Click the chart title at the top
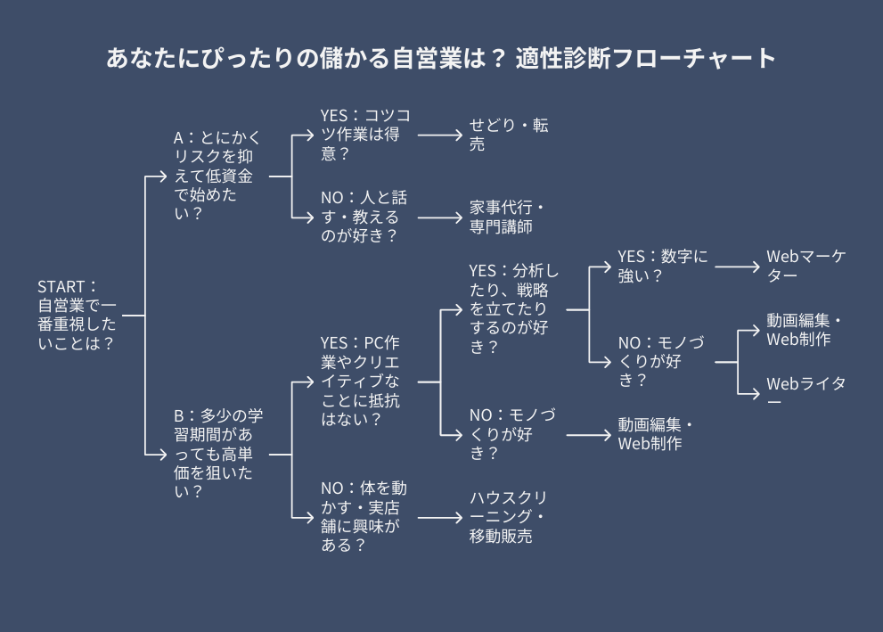click(x=441, y=59)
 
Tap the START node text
click(x=77, y=315)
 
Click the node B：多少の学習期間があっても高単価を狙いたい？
click(x=218, y=454)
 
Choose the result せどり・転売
click(x=509, y=135)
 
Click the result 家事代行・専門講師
click(x=507, y=217)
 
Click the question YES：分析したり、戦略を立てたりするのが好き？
click(x=514, y=308)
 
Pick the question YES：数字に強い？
click(x=663, y=266)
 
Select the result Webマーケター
click(x=806, y=266)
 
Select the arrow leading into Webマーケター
click(x=737, y=267)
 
